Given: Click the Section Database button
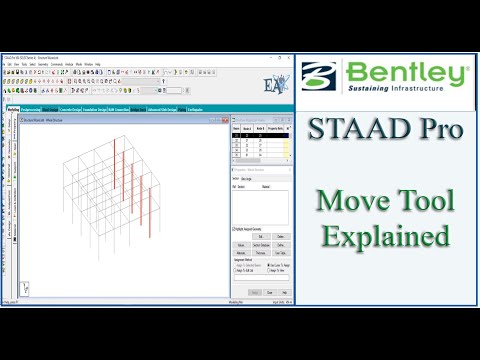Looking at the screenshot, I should (258, 243).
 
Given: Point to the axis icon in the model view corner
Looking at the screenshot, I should (25, 287).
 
